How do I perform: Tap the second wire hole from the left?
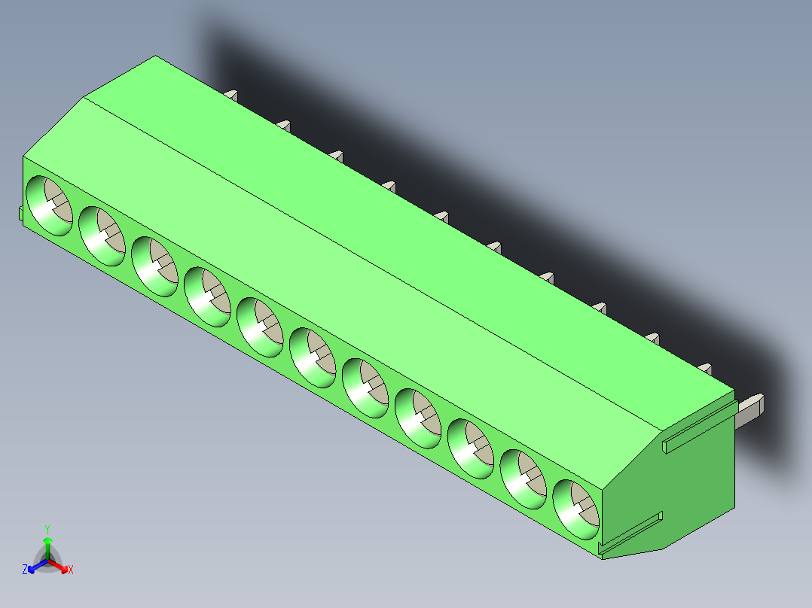100,236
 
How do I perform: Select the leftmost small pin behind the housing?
232,95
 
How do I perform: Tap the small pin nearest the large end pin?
705,368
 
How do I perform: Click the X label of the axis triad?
71,570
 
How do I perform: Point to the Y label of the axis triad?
47,528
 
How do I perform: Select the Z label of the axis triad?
25,570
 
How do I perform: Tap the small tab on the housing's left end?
20,214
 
